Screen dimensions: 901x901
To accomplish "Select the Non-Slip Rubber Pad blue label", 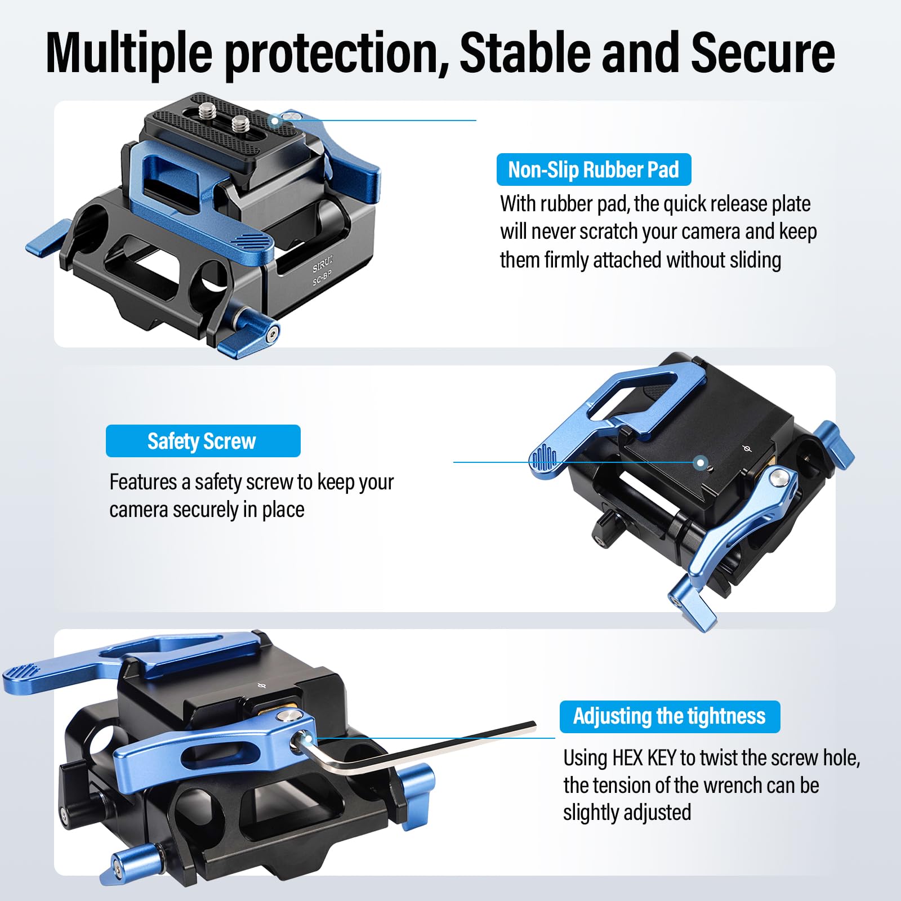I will tap(594, 170).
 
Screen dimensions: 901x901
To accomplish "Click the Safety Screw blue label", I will tap(202, 441).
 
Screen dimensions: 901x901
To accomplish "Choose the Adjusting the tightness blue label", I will tap(669, 716).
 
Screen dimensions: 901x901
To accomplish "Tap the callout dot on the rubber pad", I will tap(275, 121).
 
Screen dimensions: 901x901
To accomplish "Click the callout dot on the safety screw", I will tap(701, 463).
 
